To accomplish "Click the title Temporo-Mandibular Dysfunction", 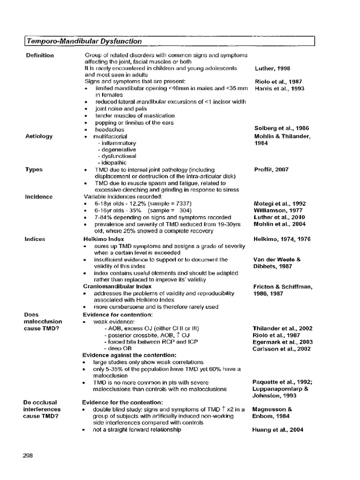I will [x=84, y=41].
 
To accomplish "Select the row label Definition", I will [x=40, y=55].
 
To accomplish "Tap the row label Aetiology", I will [x=39, y=136].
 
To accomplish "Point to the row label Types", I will [x=34, y=170].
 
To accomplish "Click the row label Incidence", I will [x=39, y=197].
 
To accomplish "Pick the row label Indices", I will [x=36, y=239].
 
